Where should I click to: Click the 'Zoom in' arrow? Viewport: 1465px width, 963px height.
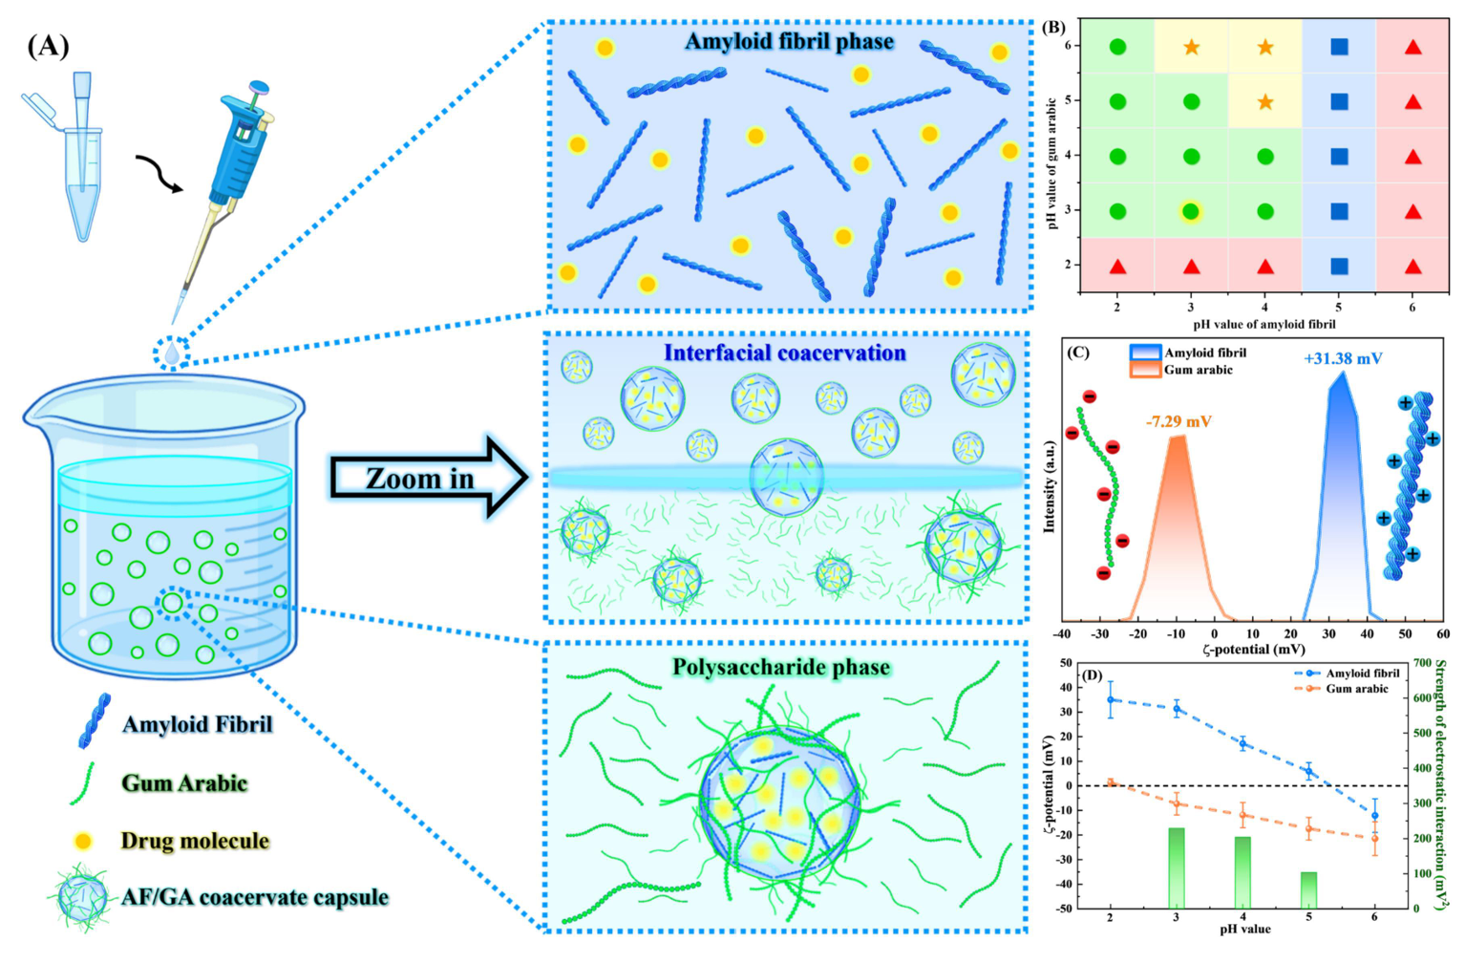[x=429, y=479]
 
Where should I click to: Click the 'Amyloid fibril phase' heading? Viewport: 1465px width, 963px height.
[x=790, y=41]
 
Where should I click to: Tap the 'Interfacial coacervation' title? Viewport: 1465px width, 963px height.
[x=785, y=353]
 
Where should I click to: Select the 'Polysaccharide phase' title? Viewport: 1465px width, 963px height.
[x=781, y=667]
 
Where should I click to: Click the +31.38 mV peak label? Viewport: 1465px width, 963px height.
[x=1343, y=358]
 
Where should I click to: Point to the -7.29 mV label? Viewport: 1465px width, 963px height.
[x=1178, y=421]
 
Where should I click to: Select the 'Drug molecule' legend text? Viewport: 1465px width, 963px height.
[x=195, y=841]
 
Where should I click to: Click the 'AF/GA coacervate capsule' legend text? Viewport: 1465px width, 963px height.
[x=255, y=897]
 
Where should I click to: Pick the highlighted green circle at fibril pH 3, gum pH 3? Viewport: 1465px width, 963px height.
[x=1191, y=211]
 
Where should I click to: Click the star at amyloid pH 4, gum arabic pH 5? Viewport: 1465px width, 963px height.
[x=1265, y=102]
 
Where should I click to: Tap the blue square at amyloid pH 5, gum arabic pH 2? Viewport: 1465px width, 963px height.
[x=1340, y=267]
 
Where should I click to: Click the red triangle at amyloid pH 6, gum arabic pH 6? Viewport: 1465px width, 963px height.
[x=1413, y=47]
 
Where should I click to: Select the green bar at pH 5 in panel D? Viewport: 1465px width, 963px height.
[x=1308, y=889]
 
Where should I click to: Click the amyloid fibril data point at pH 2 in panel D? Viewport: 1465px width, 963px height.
[x=1110, y=699]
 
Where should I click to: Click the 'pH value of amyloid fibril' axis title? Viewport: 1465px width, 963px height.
[x=1264, y=324]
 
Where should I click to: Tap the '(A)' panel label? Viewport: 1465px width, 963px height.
[x=48, y=47]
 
